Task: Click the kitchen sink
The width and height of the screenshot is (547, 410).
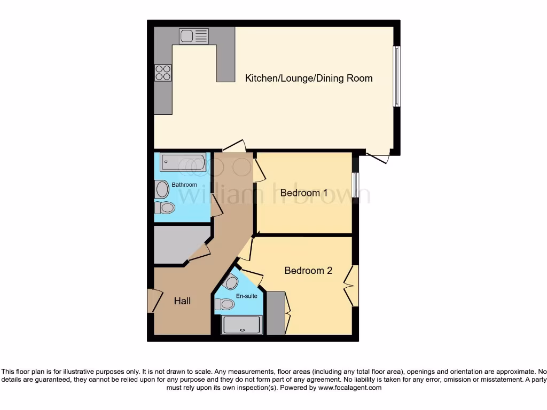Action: (194, 36)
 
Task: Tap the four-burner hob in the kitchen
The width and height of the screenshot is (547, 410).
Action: (163, 72)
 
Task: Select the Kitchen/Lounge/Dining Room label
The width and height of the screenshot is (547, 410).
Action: (308, 78)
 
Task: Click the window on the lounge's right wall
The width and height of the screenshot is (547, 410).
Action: (396, 76)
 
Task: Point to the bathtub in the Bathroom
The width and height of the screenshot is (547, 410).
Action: (183, 162)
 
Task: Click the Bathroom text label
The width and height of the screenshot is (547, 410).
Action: (184, 185)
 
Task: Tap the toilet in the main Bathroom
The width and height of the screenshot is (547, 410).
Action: (167, 208)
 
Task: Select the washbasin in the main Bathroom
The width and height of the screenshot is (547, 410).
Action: (161, 189)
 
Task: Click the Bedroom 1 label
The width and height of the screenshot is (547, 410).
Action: (304, 193)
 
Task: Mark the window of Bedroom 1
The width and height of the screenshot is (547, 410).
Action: (355, 185)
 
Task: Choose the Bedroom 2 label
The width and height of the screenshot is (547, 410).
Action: (308, 271)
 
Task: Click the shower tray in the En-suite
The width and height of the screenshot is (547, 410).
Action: (242, 324)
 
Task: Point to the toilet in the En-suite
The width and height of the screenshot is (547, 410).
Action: (226, 304)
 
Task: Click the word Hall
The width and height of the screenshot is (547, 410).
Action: (182, 301)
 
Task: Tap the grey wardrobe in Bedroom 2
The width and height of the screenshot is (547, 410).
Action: (276, 313)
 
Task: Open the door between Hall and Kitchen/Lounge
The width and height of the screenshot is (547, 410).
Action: (234, 146)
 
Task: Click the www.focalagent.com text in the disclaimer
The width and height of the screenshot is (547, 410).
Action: (351, 388)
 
